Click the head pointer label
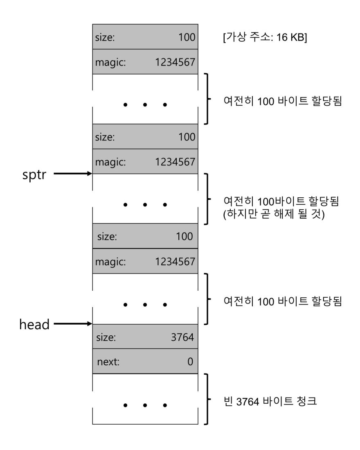pos(34,324)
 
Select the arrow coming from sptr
pos(73,173)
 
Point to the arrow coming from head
pos(73,324)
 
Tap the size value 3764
pos(182,337)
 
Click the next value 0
pos(190,362)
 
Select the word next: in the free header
pos(108,362)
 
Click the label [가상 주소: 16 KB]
pos(265,37)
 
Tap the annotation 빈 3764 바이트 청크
pos(270,401)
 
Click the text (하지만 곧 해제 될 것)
pos(274,214)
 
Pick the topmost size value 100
pos(187,37)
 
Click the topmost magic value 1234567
pos(175,62)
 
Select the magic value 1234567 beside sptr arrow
pos(175,162)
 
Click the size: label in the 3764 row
pos(106,337)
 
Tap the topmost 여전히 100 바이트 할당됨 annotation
pos(283,101)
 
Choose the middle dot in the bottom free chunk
pos(145,405)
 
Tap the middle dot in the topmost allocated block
pos(145,105)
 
